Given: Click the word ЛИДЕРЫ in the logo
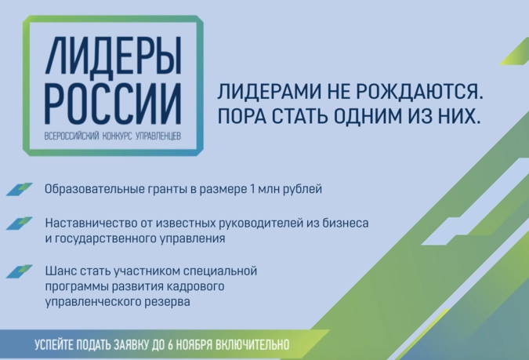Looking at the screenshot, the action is [x=114, y=56].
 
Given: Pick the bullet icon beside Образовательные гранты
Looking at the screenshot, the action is [x=20, y=189].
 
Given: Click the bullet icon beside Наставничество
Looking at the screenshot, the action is [x=20, y=224].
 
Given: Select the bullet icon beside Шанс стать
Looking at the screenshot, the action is [x=20, y=271].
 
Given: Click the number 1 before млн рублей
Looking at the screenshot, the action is [x=252, y=189].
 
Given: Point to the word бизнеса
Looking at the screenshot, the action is [x=346, y=224].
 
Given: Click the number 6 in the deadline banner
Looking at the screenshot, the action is [x=170, y=345].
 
